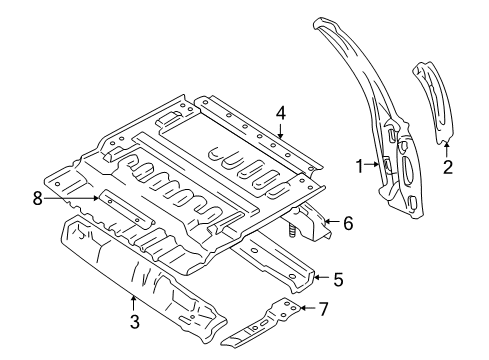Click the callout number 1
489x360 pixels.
(x=359, y=167)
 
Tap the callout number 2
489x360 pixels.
(x=447, y=166)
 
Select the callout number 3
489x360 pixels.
(x=133, y=321)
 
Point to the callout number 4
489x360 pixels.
(x=282, y=112)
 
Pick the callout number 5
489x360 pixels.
(x=338, y=280)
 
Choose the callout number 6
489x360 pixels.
(x=347, y=224)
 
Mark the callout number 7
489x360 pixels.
(x=322, y=309)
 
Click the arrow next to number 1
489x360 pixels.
(x=374, y=167)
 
